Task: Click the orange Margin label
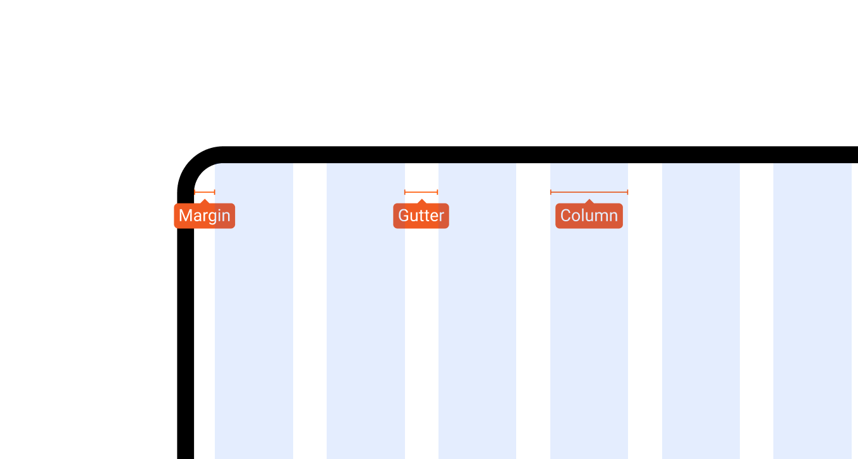coord(205,216)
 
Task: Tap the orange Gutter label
coord(421,216)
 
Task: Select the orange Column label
coord(589,216)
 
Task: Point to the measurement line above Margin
coord(205,192)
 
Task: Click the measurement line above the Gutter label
coord(421,192)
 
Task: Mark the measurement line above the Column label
coord(589,192)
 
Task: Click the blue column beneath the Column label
coord(589,326)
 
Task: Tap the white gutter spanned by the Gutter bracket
coord(421,326)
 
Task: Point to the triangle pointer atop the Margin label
coord(205,202)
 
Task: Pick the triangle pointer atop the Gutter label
coord(421,202)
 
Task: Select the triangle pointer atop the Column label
coord(589,202)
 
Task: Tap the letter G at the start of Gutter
coord(404,216)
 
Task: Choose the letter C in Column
coord(566,216)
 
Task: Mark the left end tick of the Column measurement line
coord(550,192)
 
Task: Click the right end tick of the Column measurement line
coord(627,192)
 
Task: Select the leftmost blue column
coord(254,311)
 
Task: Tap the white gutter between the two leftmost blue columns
coord(310,311)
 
